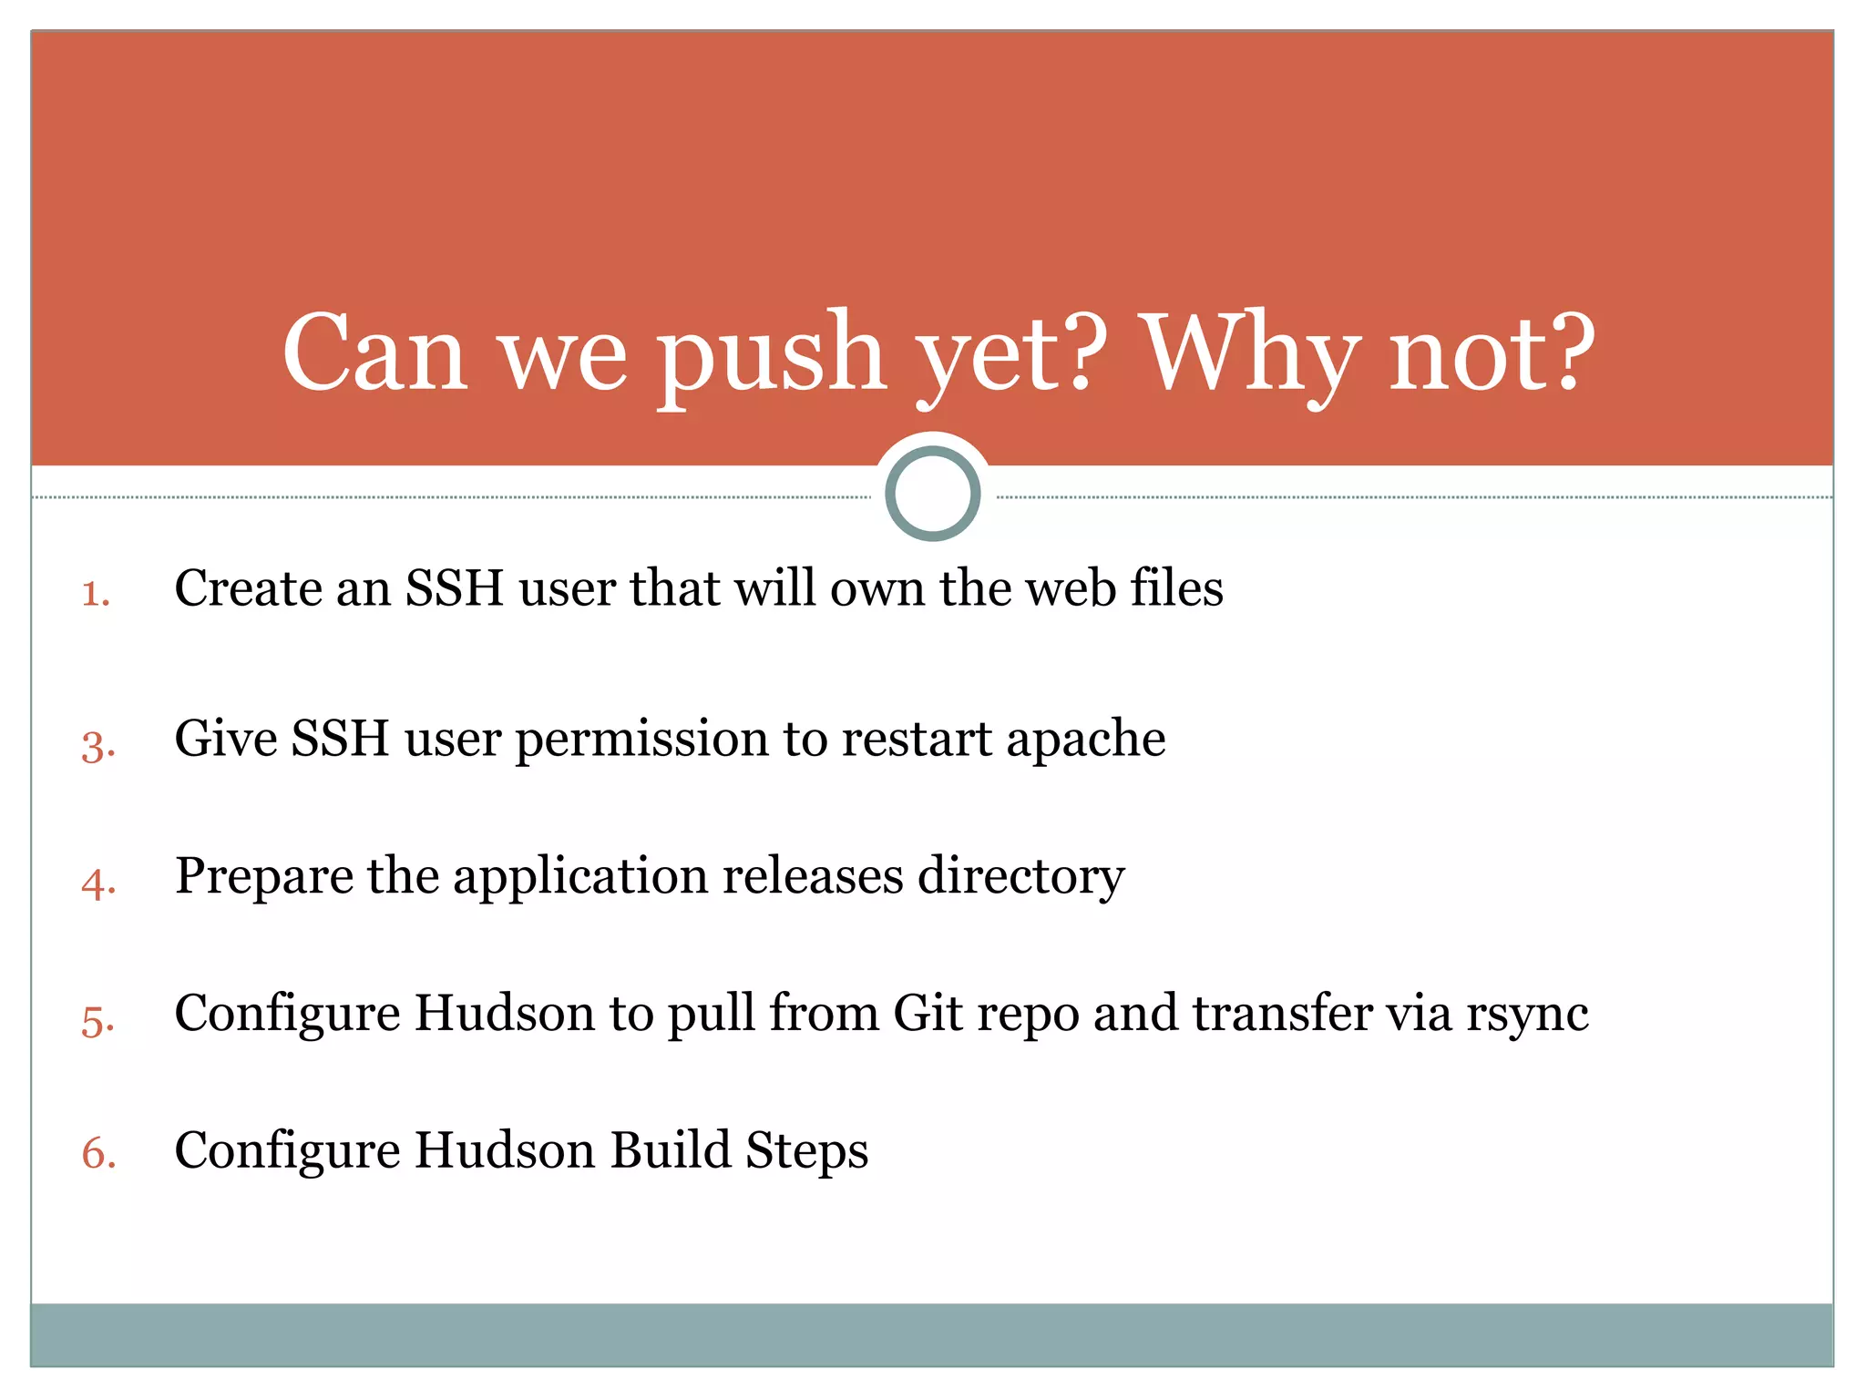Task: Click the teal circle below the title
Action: click(932, 493)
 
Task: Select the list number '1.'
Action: click(96, 594)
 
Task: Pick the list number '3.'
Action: click(97, 746)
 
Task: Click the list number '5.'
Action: click(97, 1021)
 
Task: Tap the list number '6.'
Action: click(98, 1155)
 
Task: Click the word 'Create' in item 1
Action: click(247, 588)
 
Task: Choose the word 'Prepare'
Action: click(263, 877)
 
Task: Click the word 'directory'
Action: click(1020, 877)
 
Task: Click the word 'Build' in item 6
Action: click(671, 1150)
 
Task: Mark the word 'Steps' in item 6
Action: click(806, 1150)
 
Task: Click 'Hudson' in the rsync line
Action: click(504, 1014)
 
